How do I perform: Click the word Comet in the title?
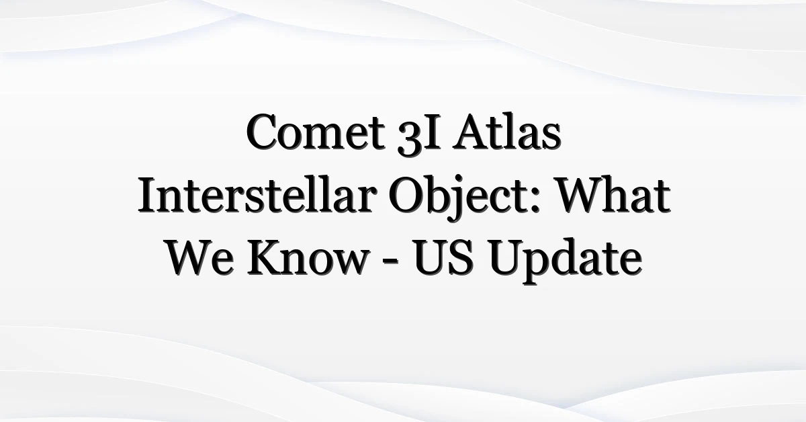(x=316, y=132)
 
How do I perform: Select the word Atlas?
(x=507, y=132)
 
